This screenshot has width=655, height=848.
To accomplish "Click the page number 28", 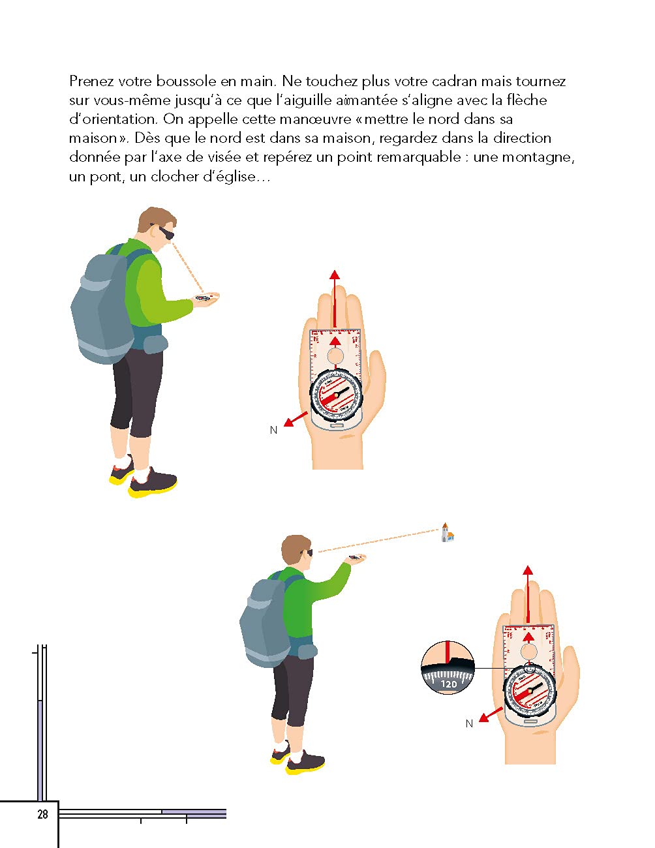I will (x=42, y=814).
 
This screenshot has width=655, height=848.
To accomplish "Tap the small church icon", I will (x=447, y=533).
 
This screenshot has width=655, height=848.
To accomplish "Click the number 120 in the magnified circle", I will (x=449, y=684).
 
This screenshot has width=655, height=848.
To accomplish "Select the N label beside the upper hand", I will (x=273, y=430).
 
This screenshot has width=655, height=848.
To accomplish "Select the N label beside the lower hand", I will (x=469, y=723).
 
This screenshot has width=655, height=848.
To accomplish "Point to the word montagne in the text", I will (x=536, y=157).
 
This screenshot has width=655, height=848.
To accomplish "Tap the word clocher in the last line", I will (x=174, y=176).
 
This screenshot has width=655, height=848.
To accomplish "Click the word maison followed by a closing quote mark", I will (x=93, y=138).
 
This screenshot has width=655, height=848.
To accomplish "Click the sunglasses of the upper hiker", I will (x=166, y=233).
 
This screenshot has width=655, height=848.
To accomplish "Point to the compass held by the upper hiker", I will (x=205, y=297).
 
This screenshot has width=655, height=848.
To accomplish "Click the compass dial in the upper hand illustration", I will (x=335, y=395).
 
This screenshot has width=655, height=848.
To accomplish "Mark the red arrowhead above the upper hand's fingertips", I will (x=335, y=275).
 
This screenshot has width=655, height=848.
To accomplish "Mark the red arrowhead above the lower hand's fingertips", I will (x=528, y=570).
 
